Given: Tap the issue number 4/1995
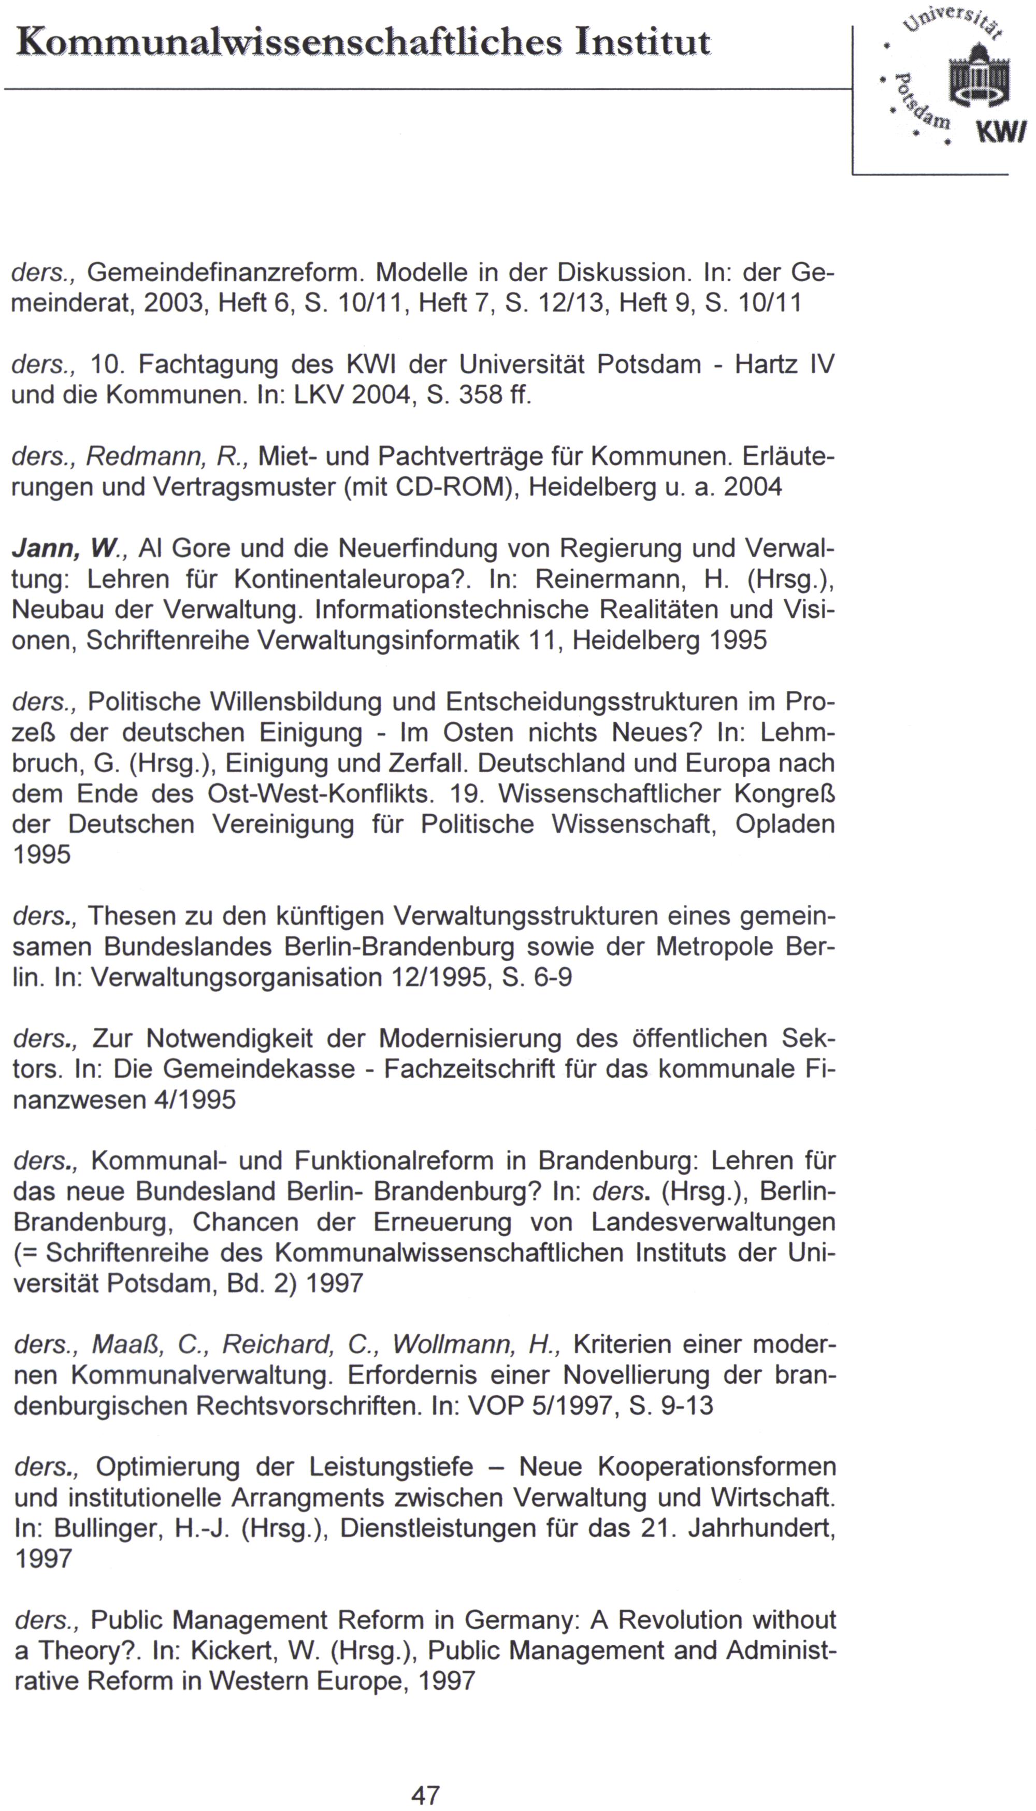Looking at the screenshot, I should coord(194,1099).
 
